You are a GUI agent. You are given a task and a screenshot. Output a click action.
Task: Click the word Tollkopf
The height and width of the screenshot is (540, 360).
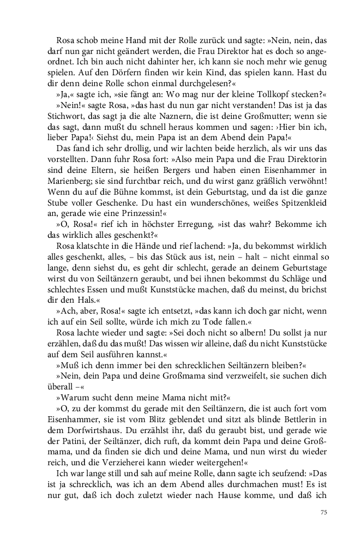[273, 94]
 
